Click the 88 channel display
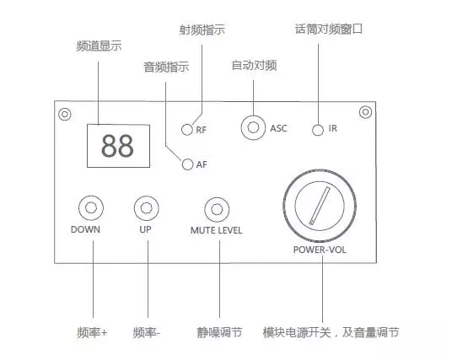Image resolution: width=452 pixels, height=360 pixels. tap(118, 146)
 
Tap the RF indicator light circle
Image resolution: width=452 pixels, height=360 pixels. tap(187, 130)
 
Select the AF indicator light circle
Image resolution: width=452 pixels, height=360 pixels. tap(187, 164)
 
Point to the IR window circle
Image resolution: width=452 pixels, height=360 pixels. tap(318, 130)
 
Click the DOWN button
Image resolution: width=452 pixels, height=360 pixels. tap(91, 207)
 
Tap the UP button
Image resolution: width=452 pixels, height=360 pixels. tap(147, 208)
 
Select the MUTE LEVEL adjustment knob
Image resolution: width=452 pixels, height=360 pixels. tap(217, 209)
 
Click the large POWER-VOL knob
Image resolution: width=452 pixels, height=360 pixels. tap(320, 206)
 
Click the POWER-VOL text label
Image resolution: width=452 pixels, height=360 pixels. tap(320, 250)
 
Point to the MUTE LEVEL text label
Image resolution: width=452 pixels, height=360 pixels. tap(216, 230)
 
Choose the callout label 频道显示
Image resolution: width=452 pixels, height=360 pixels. tap(99, 46)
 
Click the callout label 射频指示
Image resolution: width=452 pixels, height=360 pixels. tap(202, 30)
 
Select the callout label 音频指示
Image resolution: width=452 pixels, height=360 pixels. tap(166, 67)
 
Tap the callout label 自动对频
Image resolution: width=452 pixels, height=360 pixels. tap(255, 65)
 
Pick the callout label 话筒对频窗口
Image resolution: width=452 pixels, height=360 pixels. tap(329, 29)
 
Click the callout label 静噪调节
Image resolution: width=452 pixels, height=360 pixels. tap(219, 332)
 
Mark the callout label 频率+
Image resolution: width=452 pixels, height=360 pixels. tap(92, 332)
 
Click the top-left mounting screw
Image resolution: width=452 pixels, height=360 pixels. tap(65, 114)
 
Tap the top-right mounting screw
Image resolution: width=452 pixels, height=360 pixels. tap(365, 112)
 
